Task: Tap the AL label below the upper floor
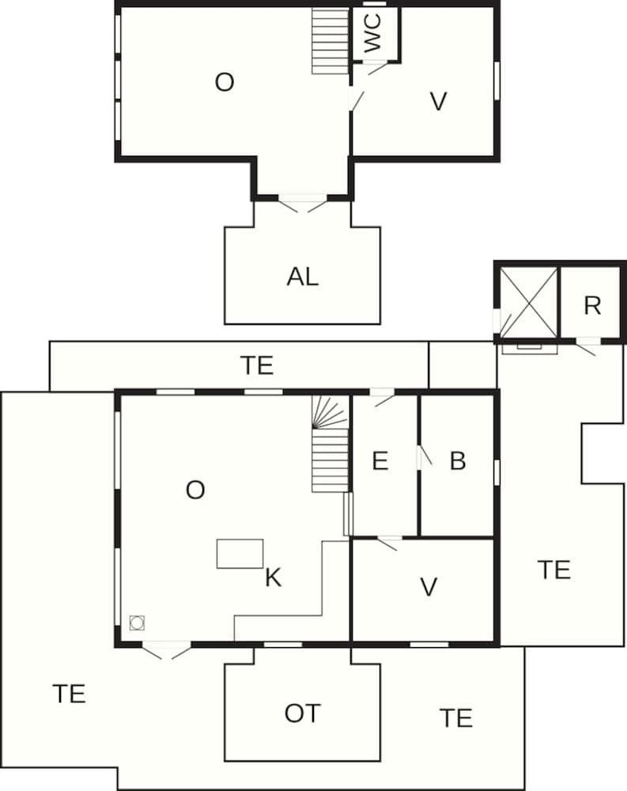pyautogui.click(x=303, y=277)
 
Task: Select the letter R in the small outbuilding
pyautogui.click(x=592, y=305)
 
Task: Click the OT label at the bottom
pyautogui.click(x=302, y=713)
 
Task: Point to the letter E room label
pyautogui.click(x=380, y=461)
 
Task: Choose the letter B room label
pyautogui.click(x=457, y=461)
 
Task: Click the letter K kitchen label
pyautogui.click(x=273, y=578)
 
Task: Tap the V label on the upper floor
pyautogui.click(x=438, y=101)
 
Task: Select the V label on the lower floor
pyautogui.click(x=429, y=587)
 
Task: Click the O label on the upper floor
pyautogui.click(x=225, y=82)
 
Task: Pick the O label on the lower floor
pyautogui.click(x=195, y=490)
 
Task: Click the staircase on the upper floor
pyautogui.click(x=330, y=41)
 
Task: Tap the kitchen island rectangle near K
pyautogui.click(x=240, y=554)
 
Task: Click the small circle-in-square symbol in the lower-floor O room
pyautogui.click(x=137, y=623)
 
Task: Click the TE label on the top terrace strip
pyautogui.click(x=256, y=365)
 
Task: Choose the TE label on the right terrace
pyautogui.click(x=553, y=569)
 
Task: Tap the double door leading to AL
pyautogui.click(x=303, y=203)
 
